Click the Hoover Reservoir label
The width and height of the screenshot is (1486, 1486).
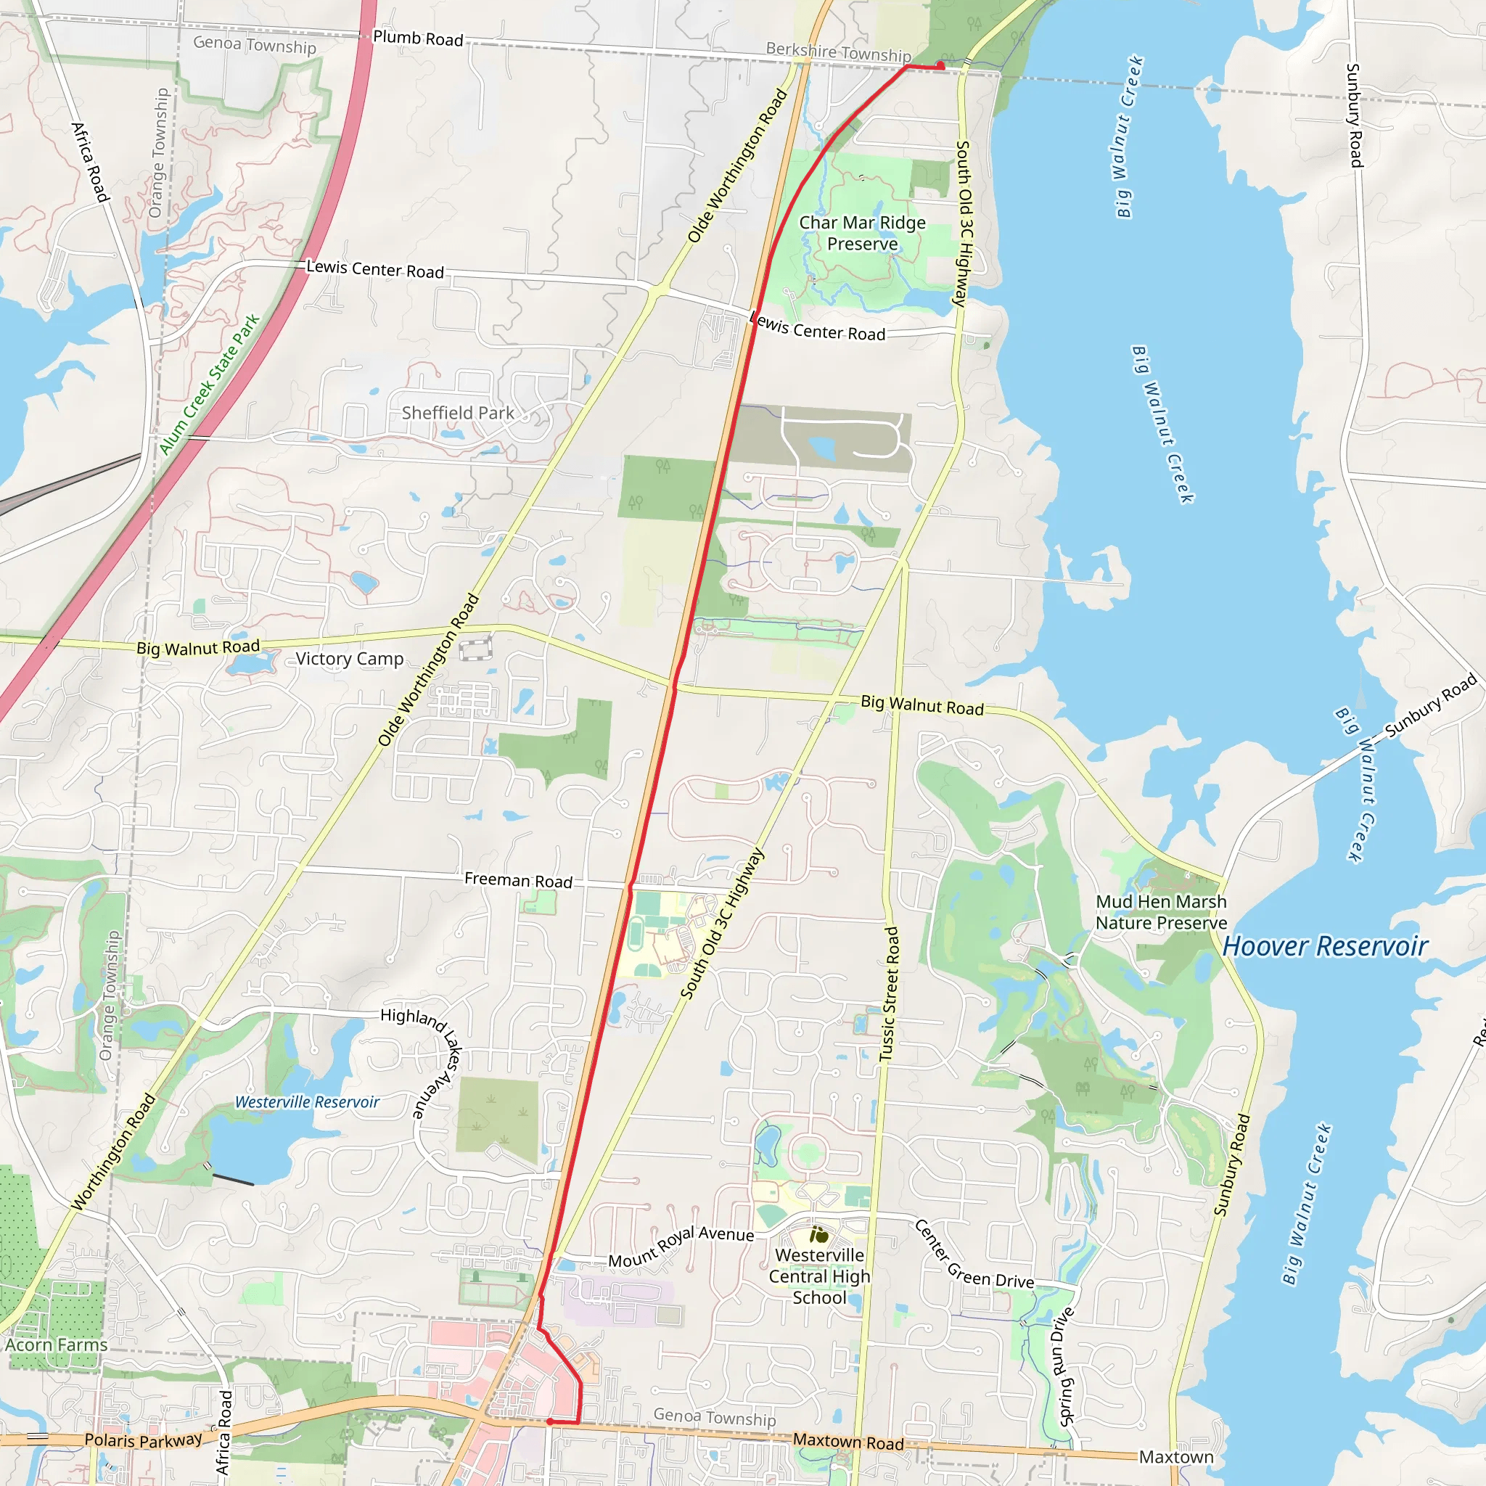[1325, 946]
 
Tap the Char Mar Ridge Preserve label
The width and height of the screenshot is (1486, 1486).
[862, 233]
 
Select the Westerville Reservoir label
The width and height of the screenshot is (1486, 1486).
[307, 1102]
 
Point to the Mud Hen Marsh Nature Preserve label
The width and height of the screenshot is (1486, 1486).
[1162, 912]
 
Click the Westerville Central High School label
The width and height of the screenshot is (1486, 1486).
[819, 1276]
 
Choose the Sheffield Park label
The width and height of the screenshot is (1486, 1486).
[458, 413]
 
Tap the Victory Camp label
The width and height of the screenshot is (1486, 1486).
[349, 659]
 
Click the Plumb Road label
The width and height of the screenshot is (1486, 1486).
[418, 38]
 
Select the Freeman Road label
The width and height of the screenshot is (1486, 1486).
[518, 880]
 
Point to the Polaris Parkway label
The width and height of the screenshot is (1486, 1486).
[143, 1440]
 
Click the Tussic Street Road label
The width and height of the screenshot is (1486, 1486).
[889, 995]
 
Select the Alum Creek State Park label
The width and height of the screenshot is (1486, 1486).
[209, 385]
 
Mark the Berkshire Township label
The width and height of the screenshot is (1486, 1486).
[838, 52]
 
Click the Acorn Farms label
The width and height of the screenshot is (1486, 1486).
[56, 1345]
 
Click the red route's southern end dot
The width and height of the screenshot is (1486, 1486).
[550, 1422]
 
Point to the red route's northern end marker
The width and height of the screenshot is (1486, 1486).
[940, 65]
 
